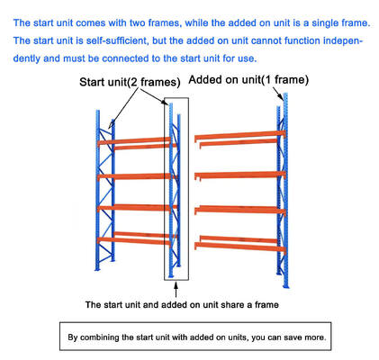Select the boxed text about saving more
(198, 338)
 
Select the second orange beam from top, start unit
(135, 175)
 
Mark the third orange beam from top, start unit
(135, 208)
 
